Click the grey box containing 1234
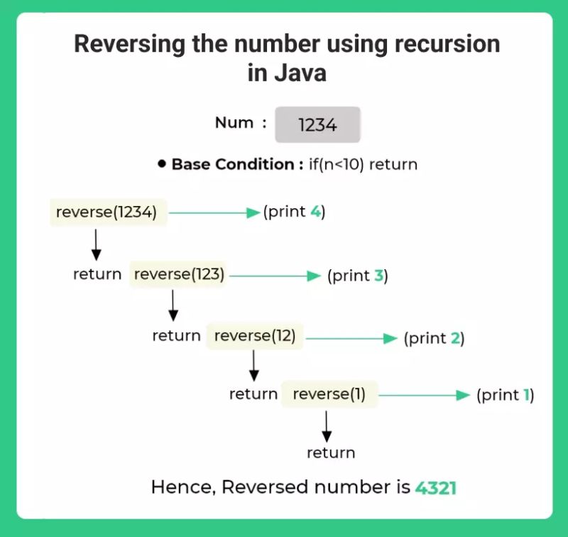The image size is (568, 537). tap(317, 125)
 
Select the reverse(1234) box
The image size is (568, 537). tap(108, 212)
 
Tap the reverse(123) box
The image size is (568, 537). tap(178, 275)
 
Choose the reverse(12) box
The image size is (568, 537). tap(255, 335)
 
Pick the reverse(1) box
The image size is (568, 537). tap(329, 394)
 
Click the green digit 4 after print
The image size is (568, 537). tap(315, 212)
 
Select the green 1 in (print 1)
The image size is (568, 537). tap(527, 395)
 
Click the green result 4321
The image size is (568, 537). tap(436, 488)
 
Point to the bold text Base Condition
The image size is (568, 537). tap(232, 165)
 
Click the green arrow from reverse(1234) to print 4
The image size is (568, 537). tap(214, 212)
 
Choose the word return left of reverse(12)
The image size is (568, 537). tap(176, 336)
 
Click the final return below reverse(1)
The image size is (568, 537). tap(330, 453)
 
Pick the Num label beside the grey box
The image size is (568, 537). tap(234, 123)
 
